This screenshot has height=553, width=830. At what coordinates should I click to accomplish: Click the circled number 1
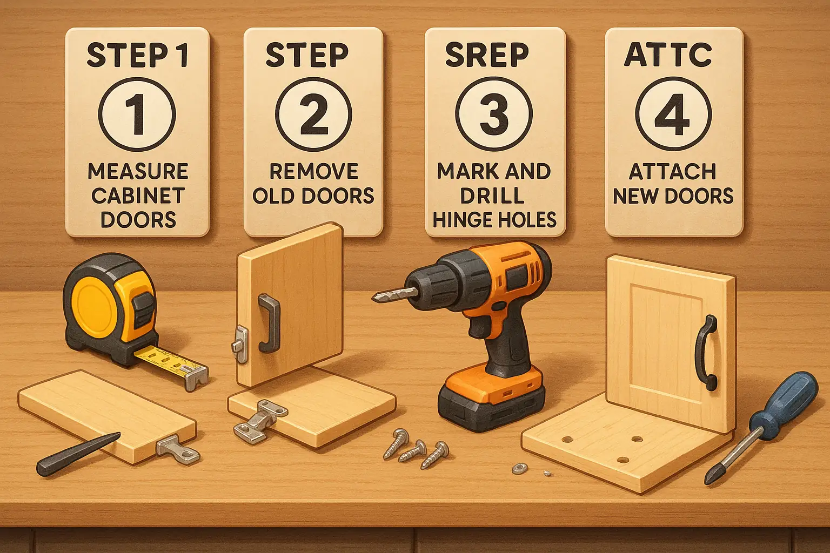(x=137, y=114)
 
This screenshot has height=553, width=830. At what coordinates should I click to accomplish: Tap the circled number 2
(x=313, y=114)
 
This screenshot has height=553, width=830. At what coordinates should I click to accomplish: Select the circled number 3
(x=494, y=114)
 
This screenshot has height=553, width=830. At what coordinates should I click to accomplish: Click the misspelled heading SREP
(x=487, y=55)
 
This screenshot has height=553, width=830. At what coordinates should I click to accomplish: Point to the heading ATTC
(x=668, y=55)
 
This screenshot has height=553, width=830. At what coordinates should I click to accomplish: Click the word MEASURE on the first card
(x=138, y=171)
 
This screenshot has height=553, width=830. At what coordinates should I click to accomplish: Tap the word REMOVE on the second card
(x=313, y=171)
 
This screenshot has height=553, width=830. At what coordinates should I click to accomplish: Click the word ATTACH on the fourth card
(x=673, y=172)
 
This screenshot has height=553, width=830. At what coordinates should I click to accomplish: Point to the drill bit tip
(x=375, y=297)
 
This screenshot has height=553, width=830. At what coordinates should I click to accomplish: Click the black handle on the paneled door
(x=706, y=353)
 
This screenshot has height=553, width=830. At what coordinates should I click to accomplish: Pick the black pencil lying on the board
(x=78, y=455)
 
